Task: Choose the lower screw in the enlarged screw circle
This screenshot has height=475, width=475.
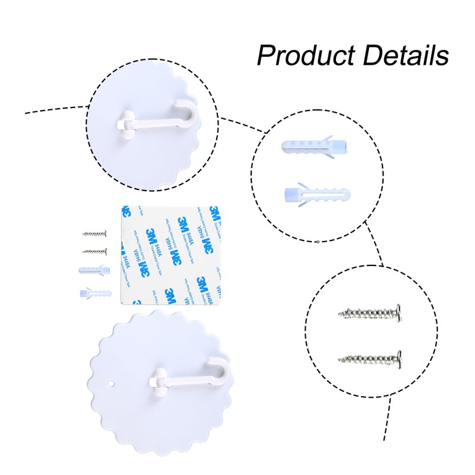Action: pos(370,358)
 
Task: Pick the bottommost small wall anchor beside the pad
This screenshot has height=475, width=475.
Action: pos(94,293)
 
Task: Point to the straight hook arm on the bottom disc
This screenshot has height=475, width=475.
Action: pos(190,379)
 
